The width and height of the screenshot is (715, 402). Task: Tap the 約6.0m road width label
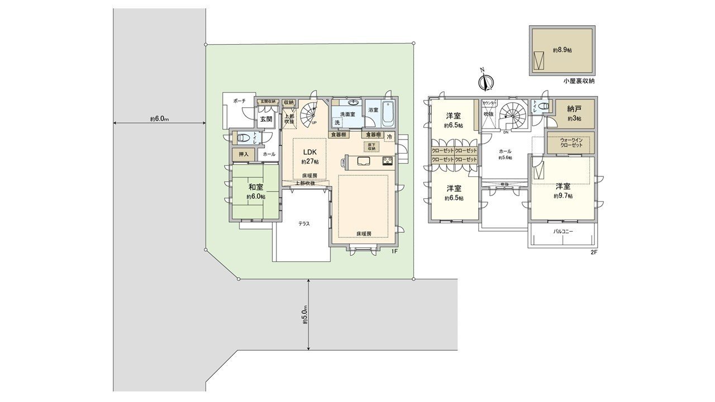pos(159,119)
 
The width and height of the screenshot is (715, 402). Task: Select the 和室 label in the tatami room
pos(256,188)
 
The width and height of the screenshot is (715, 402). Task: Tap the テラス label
pos(304,223)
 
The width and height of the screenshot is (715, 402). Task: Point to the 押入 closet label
pos(244,154)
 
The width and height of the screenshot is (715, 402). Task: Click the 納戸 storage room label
pos(574,109)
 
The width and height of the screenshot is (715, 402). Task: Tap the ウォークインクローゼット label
pos(571,142)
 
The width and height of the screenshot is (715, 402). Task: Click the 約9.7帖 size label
pos(563,196)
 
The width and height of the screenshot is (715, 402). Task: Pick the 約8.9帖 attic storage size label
pos(563,50)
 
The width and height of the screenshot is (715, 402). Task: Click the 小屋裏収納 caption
pos(579,81)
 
